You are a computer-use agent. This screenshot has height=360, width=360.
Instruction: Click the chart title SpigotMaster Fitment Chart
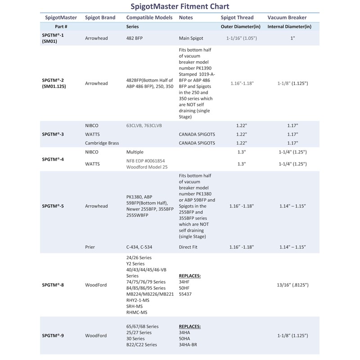click(180, 7)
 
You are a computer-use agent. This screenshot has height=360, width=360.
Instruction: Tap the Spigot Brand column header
click(100, 18)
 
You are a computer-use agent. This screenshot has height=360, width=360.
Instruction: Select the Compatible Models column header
click(149, 18)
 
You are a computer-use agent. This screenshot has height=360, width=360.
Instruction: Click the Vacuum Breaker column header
click(287, 18)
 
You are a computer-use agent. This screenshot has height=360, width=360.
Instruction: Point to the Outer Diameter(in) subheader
click(241, 27)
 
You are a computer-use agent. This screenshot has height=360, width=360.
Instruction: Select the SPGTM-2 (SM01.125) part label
click(54, 83)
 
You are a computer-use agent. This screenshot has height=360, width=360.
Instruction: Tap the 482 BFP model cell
click(135, 39)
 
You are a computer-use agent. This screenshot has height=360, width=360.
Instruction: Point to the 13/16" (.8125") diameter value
click(293, 285)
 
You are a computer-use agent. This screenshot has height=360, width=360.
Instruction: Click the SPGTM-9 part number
click(53, 336)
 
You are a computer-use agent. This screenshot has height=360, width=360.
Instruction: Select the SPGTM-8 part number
click(53, 285)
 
